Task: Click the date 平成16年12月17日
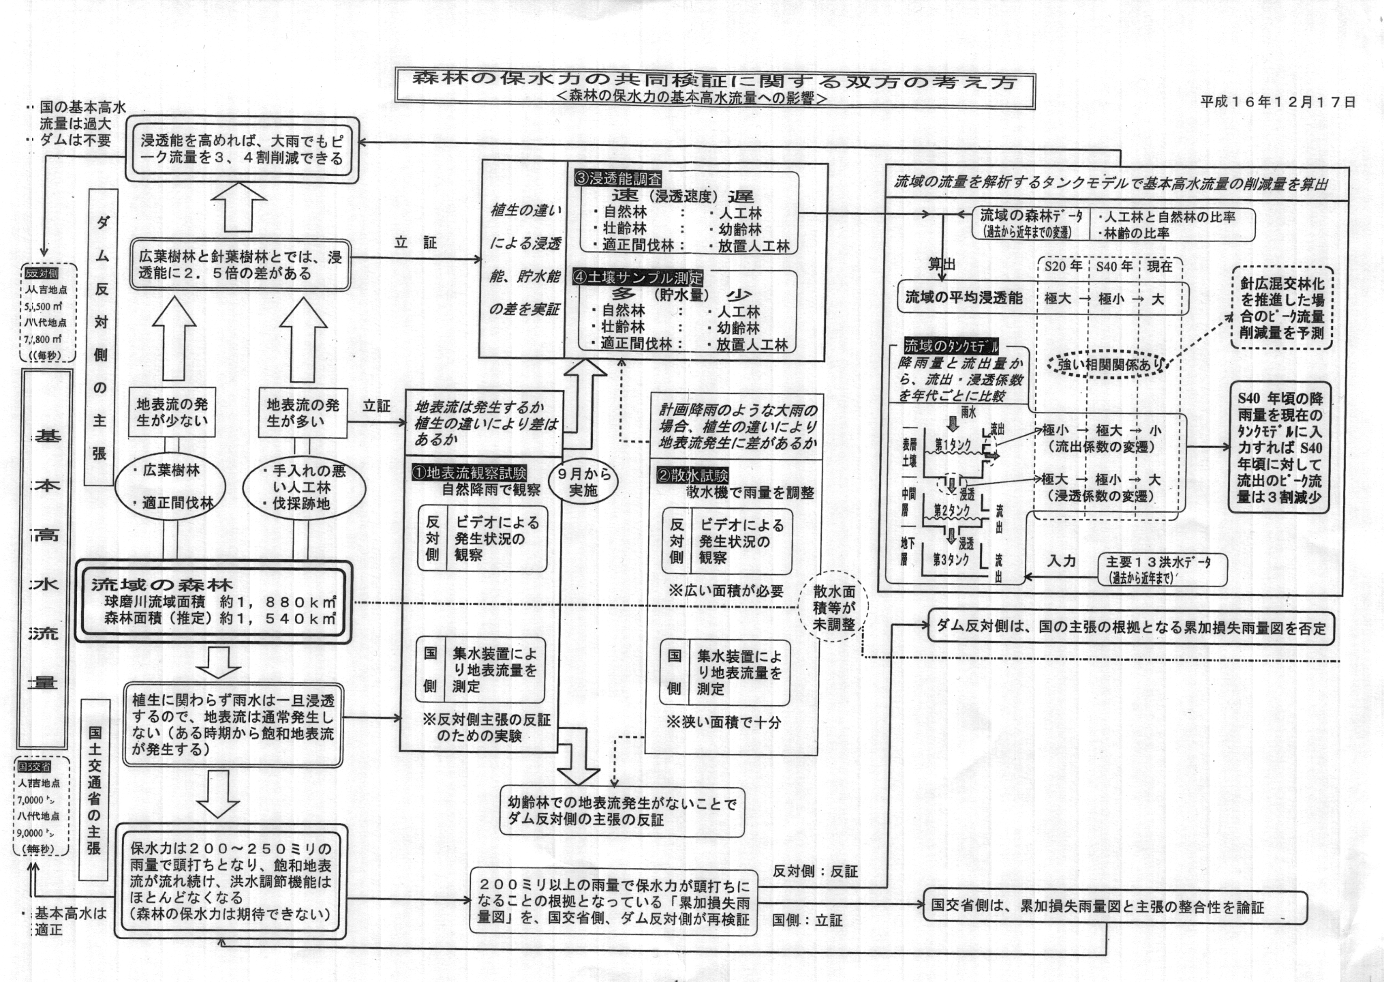pos(1278,102)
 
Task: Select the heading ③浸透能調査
pos(617,179)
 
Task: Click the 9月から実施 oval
pos(583,482)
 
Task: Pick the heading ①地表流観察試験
pos(469,472)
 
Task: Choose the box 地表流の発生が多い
pos(303,413)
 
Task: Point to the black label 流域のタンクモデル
pos(951,346)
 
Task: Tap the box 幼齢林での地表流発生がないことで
pos(622,812)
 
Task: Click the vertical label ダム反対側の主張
pos(101,338)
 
